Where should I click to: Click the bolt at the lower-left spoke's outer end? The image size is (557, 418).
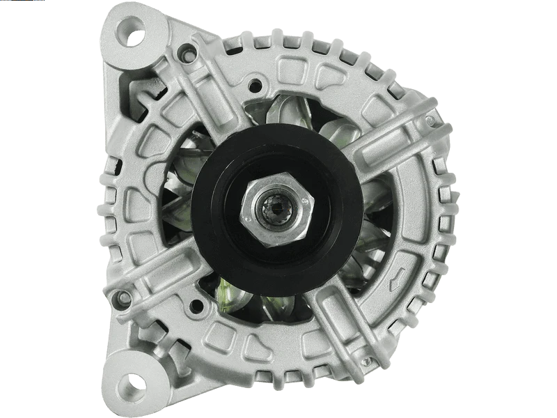pyautogui.click(x=126, y=297)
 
